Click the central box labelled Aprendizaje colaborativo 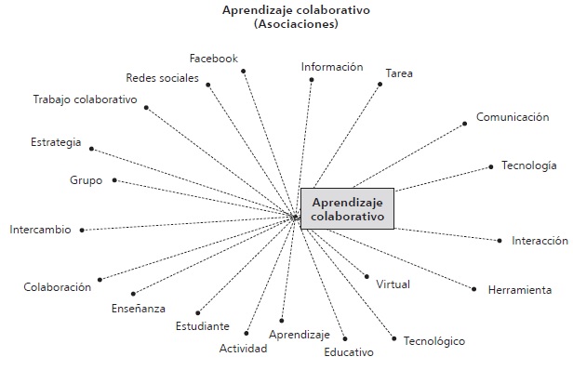pos(348,208)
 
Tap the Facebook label pos(213,59)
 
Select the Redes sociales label pos(162,77)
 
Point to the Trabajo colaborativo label pos(85,99)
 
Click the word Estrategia pos(56,142)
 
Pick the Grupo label pos(87,179)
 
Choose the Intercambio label pos(40,229)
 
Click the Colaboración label pos(58,287)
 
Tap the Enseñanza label pos(139,308)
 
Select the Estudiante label pos(202,326)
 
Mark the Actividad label pos(243,349)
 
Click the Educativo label pos(349,352)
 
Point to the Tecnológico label pos(433,341)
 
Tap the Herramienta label pos(519,290)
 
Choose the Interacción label pos(540,241)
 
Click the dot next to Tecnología pos(490,167)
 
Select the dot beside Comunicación pos(465,122)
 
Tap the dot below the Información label pos(311,80)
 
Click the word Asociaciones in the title pos(280,24)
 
